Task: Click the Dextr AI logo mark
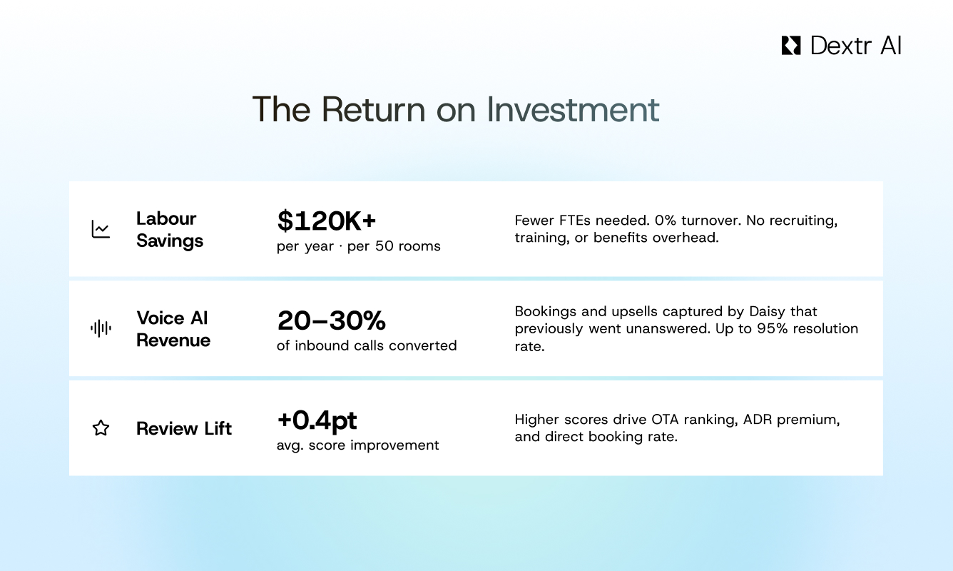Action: pyautogui.click(x=791, y=46)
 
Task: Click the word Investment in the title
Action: pyautogui.click(x=573, y=109)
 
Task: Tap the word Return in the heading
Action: pyautogui.click(x=373, y=109)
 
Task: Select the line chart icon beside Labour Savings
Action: pyautogui.click(x=101, y=229)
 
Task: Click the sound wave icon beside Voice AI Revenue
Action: pyautogui.click(x=101, y=328)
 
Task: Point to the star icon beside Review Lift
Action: pyautogui.click(x=101, y=428)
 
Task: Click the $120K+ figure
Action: pyautogui.click(x=326, y=221)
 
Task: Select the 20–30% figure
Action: pyautogui.click(x=332, y=320)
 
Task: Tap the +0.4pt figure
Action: pyautogui.click(x=317, y=420)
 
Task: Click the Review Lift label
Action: pyautogui.click(x=184, y=428)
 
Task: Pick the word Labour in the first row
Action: pyautogui.click(x=166, y=219)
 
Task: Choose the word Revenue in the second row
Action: pyautogui.click(x=173, y=340)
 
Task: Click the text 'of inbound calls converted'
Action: pyautogui.click(x=367, y=345)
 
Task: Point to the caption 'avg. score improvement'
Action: pyautogui.click(x=358, y=445)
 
